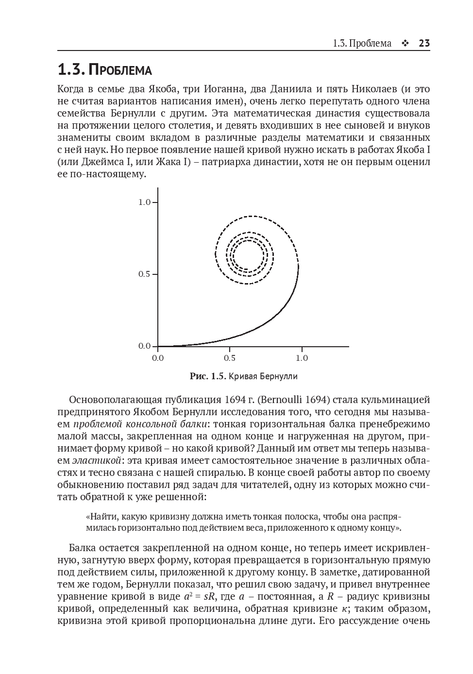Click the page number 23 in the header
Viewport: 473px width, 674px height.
click(424, 43)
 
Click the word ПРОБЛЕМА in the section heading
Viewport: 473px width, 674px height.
click(121, 70)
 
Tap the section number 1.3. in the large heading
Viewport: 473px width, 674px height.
click(71, 70)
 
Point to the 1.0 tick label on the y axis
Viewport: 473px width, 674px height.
click(144, 202)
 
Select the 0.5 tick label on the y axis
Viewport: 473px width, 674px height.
click(144, 274)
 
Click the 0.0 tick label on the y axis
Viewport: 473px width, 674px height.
click(144, 346)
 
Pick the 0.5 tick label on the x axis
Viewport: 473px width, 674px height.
click(230, 358)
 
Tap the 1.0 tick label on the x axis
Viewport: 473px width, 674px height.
click(302, 358)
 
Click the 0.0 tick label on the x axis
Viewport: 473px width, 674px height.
click(158, 358)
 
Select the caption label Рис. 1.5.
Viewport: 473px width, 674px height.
click(207, 376)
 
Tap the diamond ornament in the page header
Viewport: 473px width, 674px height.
click(405, 44)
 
